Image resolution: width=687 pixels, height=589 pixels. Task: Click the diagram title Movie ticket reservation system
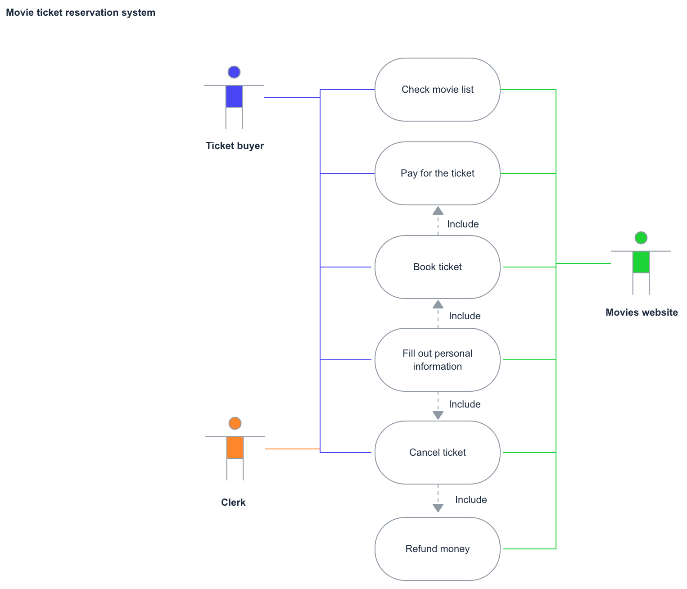(81, 13)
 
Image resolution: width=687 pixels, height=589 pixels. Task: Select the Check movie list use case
(437, 90)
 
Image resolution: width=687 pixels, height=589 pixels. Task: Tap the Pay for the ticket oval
(437, 173)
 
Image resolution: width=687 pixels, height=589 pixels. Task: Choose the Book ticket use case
(437, 267)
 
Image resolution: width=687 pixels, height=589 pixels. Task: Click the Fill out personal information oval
(437, 360)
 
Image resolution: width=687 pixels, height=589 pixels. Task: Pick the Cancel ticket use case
(437, 453)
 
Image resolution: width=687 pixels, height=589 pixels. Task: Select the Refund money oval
(437, 549)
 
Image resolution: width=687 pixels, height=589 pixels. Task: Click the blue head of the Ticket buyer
(234, 72)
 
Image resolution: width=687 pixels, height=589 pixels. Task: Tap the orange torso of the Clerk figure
(235, 448)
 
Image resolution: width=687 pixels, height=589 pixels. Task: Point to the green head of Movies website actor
(641, 238)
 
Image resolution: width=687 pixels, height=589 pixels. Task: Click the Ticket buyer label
(235, 146)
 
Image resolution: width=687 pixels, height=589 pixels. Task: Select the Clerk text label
(233, 503)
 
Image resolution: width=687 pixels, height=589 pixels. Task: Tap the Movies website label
(642, 313)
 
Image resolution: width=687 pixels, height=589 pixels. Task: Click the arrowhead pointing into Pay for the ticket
(438, 211)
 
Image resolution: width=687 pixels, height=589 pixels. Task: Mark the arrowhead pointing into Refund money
(438, 508)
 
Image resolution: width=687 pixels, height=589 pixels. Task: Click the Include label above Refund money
(471, 500)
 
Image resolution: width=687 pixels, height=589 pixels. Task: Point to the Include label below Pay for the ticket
(463, 224)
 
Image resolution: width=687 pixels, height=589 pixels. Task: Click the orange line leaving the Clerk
(292, 449)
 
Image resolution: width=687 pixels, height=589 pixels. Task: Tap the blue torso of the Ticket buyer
(234, 96)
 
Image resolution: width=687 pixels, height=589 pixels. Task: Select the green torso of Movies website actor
(641, 262)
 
